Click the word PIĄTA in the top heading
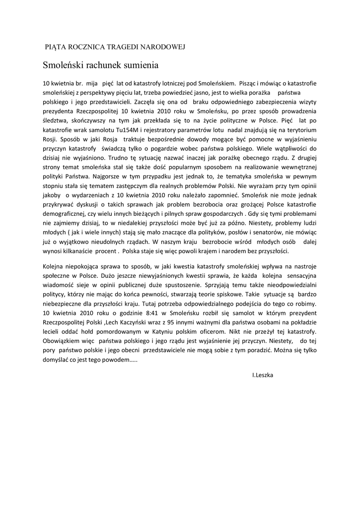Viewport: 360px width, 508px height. click(56, 47)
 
